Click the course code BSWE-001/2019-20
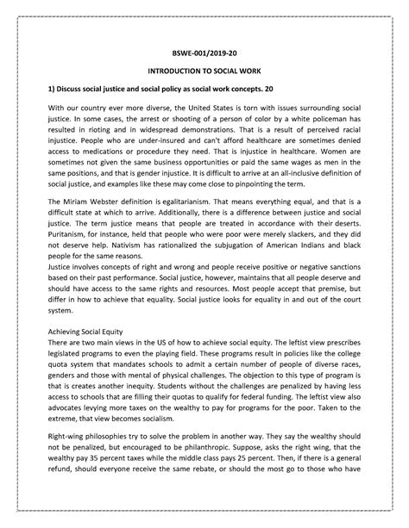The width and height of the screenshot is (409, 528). [204, 50]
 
